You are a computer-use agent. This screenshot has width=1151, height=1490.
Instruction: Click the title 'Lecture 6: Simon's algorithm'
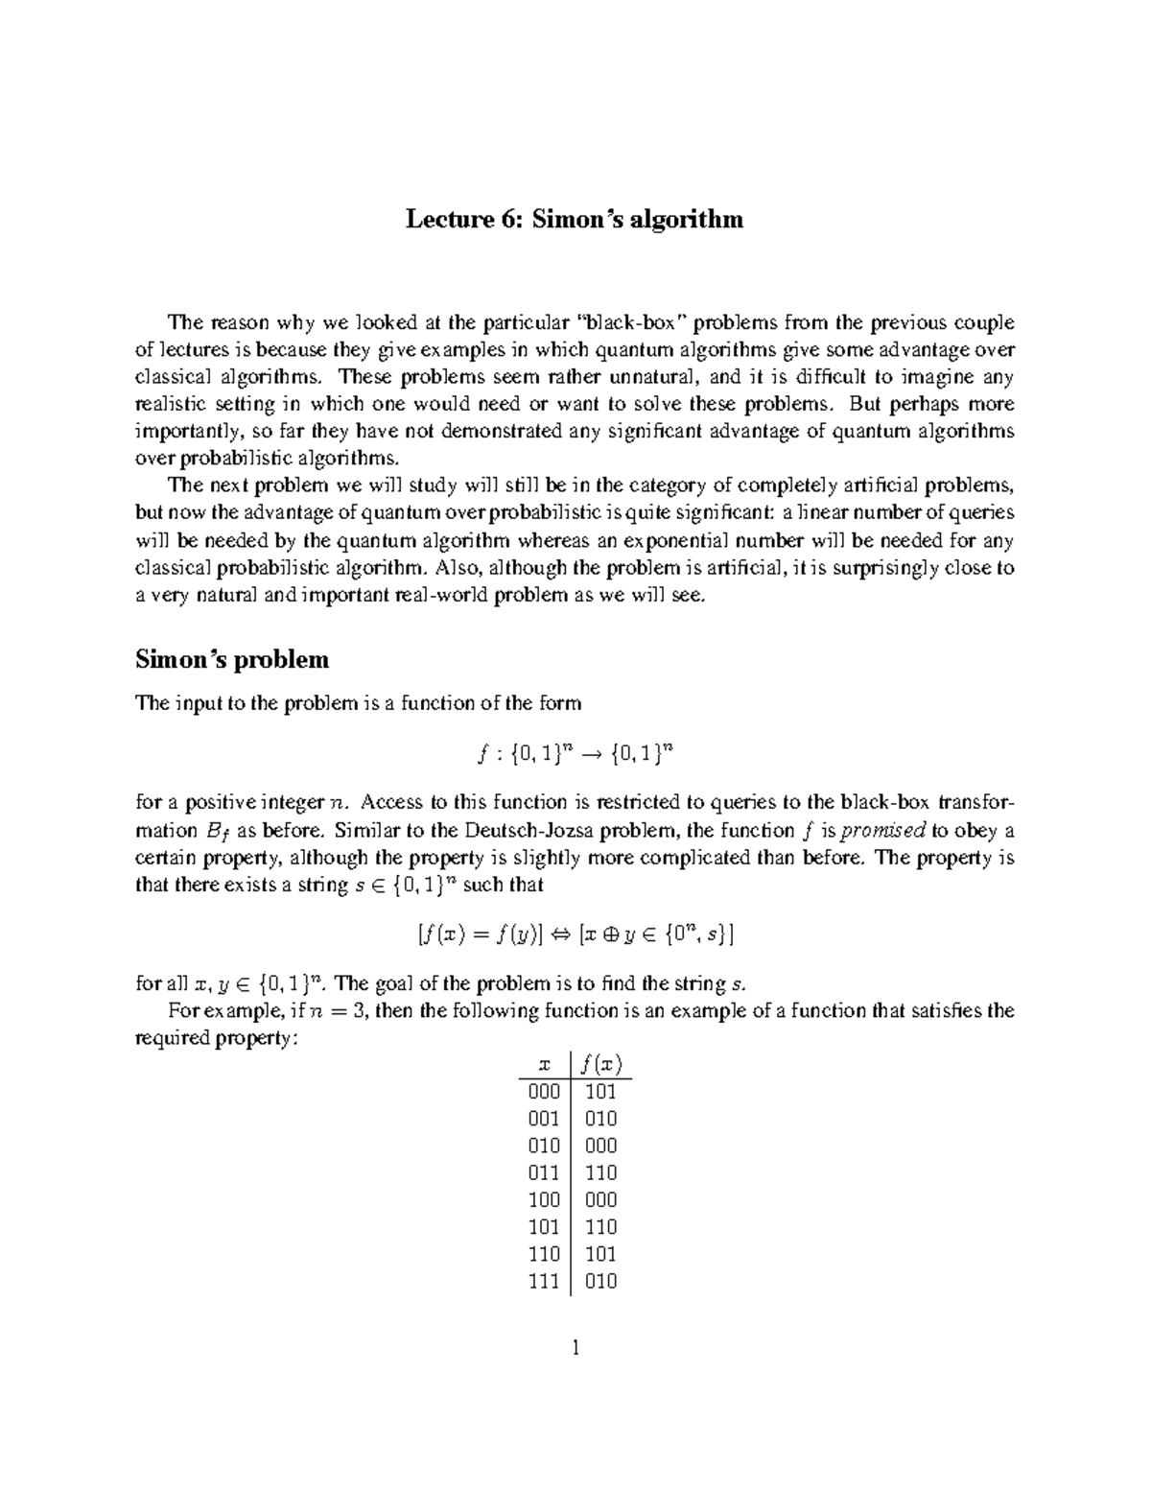(x=574, y=220)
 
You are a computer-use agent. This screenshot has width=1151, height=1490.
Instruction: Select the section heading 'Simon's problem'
(x=232, y=659)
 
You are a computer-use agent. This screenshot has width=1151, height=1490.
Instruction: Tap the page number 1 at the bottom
(x=575, y=1349)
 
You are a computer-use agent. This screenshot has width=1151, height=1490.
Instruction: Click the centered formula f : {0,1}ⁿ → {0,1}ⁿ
(x=574, y=752)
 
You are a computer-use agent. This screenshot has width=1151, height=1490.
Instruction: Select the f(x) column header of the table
(x=602, y=1064)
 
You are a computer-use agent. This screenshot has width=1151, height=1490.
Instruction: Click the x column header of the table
(x=546, y=1064)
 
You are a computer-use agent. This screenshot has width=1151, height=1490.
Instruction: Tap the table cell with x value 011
(x=544, y=1172)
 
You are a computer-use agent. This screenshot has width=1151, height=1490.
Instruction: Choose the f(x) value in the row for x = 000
(x=600, y=1092)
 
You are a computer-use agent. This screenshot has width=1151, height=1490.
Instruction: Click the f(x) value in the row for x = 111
(x=600, y=1281)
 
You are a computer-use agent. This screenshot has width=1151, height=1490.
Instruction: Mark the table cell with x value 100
(x=544, y=1199)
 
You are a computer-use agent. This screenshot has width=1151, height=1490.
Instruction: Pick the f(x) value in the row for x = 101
(x=600, y=1226)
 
